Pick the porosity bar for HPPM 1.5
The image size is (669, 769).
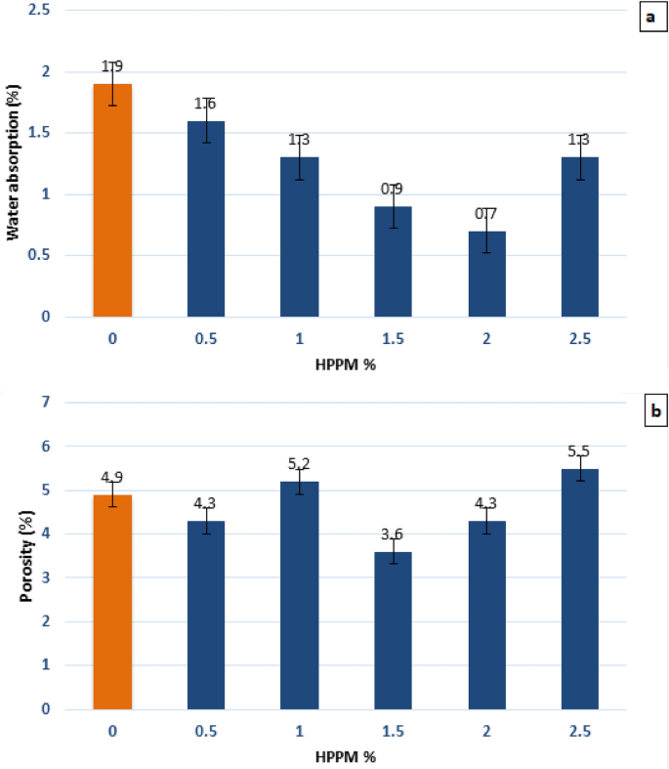click(394, 630)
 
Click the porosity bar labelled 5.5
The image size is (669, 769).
click(580, 588)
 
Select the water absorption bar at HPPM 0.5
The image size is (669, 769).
click(206, 219)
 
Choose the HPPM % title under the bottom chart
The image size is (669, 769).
click(348, 758)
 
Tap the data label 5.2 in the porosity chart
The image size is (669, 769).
click(300, 465)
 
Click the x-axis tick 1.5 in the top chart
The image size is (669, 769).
click(394, 341)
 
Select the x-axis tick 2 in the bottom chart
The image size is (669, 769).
click(487, 732)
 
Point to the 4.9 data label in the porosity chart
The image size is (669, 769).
click(112, 478)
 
